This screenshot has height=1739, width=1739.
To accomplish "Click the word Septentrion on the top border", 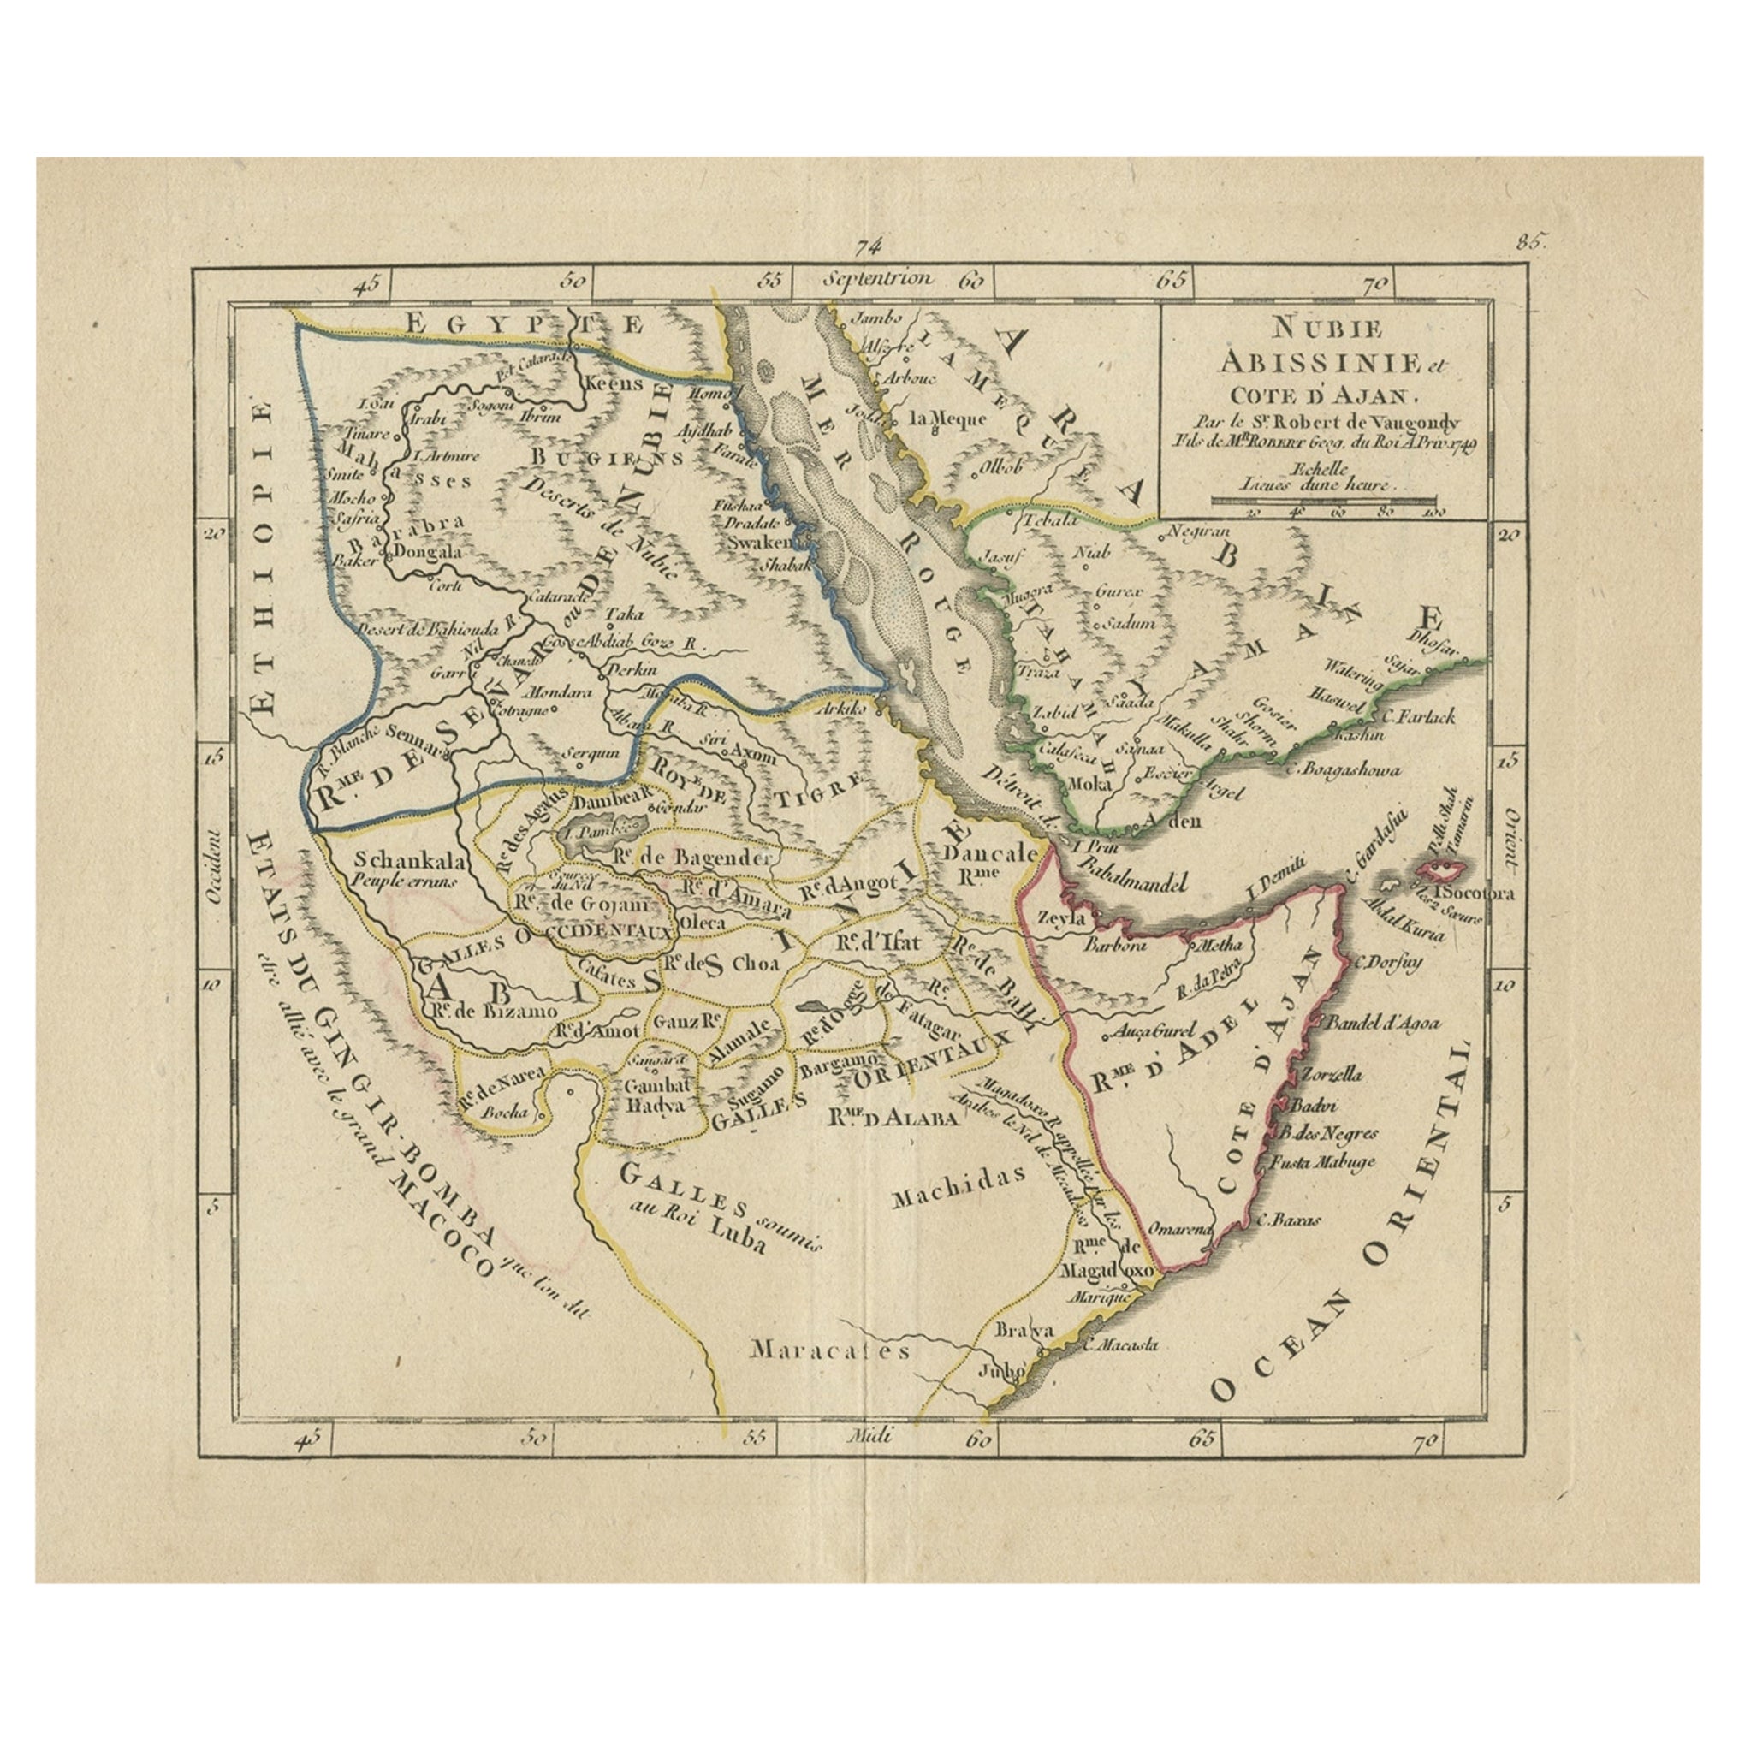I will [868, 278].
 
